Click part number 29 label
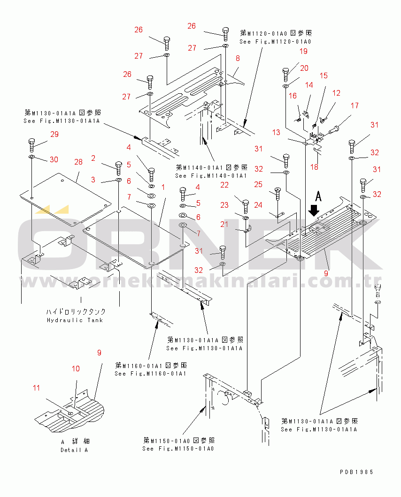(54, 135)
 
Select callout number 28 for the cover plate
(78, 162)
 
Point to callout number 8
(238, 59)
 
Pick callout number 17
(354, 105)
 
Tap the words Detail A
(74, 450)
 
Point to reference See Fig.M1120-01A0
(275, 42)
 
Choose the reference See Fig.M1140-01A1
(211, 175)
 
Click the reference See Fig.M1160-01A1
(151, 373)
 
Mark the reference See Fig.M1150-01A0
(178, 449)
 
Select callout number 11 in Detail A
(37, 388)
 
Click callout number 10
(76, 369)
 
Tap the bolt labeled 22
(245, 205)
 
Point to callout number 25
(258, 185)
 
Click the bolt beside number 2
(117, 166)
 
